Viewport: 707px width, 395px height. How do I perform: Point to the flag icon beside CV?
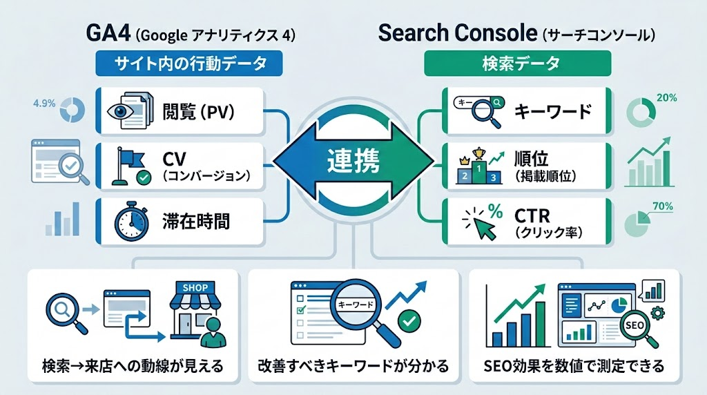coord(129,166)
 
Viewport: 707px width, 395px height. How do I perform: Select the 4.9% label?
coord(43,105)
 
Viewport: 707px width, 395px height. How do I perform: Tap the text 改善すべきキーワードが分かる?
coord(353,364)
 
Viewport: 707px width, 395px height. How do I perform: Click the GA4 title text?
coord(108,32)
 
